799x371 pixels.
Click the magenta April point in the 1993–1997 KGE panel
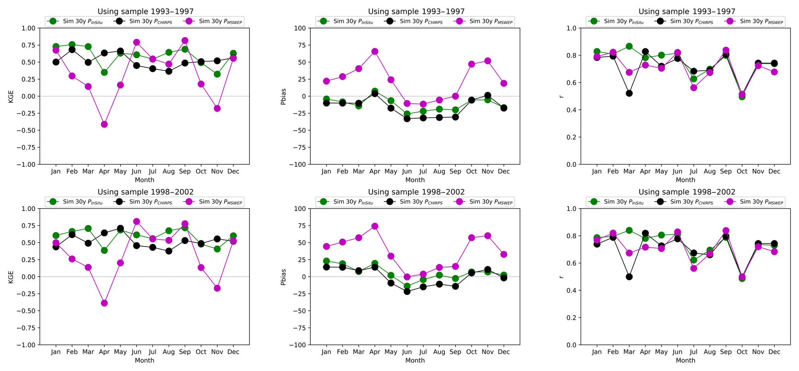(104, 124)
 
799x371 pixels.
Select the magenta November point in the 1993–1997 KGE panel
(217, 108)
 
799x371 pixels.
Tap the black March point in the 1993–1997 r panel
(629, 93)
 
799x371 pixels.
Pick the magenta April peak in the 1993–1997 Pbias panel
(375, 51)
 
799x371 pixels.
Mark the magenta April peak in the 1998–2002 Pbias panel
(375, 226)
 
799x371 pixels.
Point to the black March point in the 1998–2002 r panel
(629, 277)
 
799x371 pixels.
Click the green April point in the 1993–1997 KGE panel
(104, 72)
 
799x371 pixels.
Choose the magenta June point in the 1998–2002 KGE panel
(136, 221)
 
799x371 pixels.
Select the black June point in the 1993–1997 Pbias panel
(407, 119)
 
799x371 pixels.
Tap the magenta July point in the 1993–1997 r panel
(693, 88)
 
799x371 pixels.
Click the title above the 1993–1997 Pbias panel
(416, 12)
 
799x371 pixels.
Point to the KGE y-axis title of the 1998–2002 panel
(11, 277)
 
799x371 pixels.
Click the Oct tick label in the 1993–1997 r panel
(742, 171)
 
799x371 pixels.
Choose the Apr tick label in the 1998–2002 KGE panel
(104, 352)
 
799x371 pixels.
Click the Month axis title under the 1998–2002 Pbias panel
(415, 361)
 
